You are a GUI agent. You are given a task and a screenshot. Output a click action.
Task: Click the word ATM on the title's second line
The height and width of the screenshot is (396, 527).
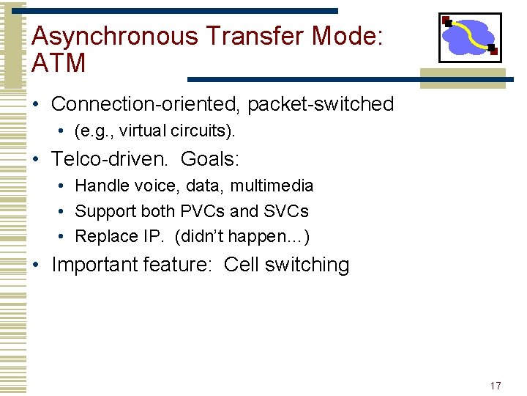(x=59, y=64)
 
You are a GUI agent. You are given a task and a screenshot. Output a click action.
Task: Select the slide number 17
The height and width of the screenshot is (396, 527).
(x=496, y=386)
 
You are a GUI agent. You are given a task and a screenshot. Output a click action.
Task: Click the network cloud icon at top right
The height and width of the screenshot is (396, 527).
(x=469, y=37)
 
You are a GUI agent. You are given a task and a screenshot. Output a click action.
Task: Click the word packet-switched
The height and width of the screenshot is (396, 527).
(x=321, y=104)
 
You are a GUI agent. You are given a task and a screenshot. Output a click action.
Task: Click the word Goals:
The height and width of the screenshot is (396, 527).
(x=210, y=158)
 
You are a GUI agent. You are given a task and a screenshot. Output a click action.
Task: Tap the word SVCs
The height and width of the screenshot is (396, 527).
(x=286, y=211)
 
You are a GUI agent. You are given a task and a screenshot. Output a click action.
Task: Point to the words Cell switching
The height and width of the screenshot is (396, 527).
(x=286, y=265)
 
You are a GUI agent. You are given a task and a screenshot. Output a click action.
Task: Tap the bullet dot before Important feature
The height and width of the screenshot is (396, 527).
(x=37, y=265)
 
